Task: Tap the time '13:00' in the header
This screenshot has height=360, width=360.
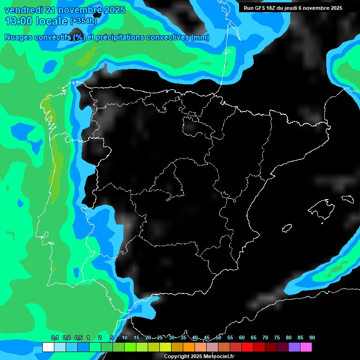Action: (x=19, y=21)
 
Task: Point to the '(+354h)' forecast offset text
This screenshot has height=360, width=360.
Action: (x=83, y=21)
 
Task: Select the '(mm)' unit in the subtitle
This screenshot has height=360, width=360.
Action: (x=200, y=37)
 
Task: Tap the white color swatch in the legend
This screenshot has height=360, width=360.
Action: (x=48, y=347)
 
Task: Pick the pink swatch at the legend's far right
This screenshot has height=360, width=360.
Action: (x=306, y=347)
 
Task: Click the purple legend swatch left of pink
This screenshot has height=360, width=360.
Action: (x=294, y=347)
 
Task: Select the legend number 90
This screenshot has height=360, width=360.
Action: (x=312, y=337)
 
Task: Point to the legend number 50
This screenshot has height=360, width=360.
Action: (x=218, y=337)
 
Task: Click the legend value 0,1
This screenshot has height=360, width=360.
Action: (x=54, y=337)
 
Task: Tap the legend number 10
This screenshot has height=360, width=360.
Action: (x=125, y=337)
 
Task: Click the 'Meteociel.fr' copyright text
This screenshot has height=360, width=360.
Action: (x=215, y=357)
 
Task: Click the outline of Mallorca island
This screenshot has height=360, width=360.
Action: (x=322, y=207)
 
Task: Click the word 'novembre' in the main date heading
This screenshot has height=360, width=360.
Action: (x=76, y=10)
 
